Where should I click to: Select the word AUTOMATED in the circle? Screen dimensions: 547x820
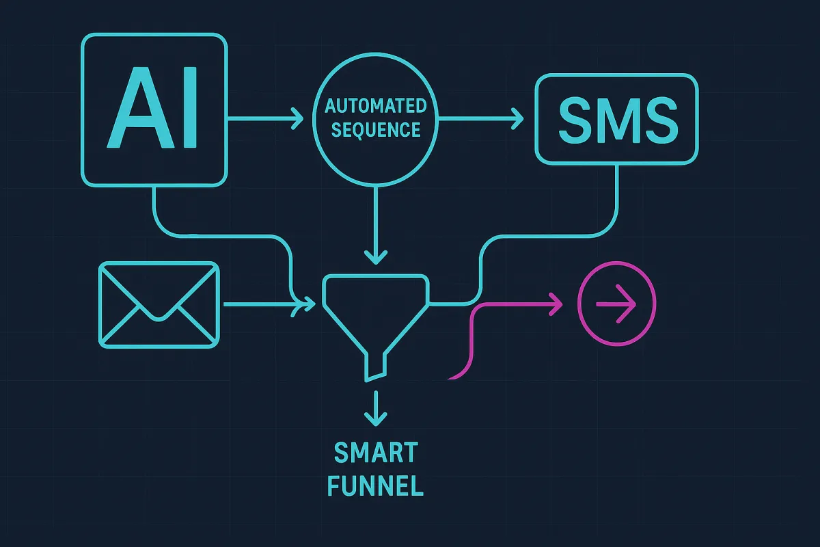(375, 106)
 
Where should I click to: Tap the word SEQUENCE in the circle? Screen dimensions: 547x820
(375, 129)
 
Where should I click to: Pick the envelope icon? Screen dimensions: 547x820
(159, 304)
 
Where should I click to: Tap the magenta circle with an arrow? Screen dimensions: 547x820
(617, 303)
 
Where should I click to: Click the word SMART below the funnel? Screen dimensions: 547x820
(375, 453)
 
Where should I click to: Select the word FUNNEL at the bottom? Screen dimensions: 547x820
(375, 486)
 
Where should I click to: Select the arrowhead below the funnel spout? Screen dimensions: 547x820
(375, 416)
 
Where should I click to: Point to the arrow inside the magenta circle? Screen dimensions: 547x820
(617, 303)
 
